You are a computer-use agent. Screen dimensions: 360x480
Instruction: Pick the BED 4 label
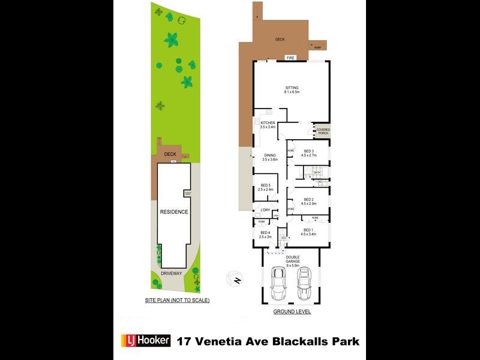coord(265,235)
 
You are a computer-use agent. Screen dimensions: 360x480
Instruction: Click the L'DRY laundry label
coord(265,209)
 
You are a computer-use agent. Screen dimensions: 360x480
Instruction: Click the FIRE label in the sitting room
coord(290,58)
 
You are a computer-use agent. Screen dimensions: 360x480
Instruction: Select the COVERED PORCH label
coord(323,131)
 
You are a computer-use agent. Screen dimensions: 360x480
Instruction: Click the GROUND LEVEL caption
coord(292,312)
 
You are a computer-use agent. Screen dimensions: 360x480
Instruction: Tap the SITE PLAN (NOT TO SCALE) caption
coord(177,299)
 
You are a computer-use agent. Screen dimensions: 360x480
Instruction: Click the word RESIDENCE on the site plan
coord(173,212)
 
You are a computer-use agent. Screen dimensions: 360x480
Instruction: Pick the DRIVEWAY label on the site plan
coord(171,274)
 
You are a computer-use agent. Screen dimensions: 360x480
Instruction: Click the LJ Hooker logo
coord(147,341)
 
